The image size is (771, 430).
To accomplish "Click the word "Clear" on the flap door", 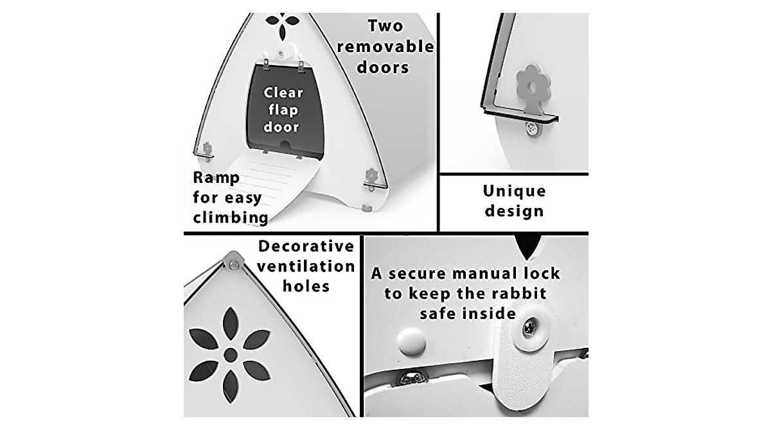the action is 283,92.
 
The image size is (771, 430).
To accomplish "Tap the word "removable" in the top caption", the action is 385,47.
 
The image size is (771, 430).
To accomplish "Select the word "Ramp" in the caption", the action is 216,177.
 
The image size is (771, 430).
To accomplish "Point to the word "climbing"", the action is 231,217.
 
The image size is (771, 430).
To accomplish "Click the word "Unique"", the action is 514,191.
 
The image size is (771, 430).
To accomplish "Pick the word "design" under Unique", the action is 514,211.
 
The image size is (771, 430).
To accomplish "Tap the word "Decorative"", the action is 306,246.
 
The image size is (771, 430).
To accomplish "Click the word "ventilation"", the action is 306,266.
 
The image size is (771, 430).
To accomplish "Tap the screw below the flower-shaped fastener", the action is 533,130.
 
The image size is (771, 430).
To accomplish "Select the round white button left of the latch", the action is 411,341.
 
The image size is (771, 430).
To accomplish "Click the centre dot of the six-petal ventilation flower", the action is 230,354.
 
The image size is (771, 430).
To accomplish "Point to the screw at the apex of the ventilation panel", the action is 234,264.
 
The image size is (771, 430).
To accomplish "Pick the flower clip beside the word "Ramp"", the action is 207,151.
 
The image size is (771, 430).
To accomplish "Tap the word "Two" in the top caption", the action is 385,26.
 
